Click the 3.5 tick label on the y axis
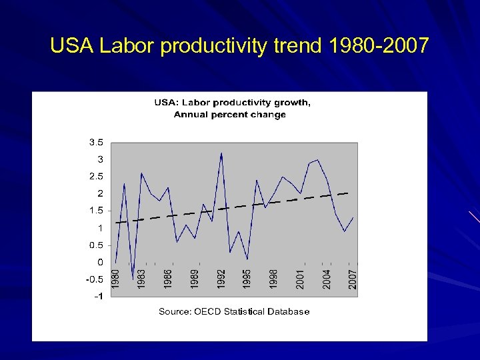[x=96, y=142]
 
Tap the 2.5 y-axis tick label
[x=96, y=177]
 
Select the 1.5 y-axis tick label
[x=96, y=211]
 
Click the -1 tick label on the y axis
[x=98, y=297]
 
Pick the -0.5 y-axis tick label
[x=94, y=279]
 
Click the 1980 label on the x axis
[x=115, y=278]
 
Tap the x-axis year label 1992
[x=221, y=278]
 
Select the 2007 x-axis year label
[x=353, y=278]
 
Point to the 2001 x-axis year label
[x=301, y=278]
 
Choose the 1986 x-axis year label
[x=168, y=278]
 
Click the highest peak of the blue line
[x=221, y=153]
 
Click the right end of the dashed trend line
[x=348, y=193]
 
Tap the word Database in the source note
[x=289, y=311]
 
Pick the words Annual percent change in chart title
[x=230, y=115]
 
